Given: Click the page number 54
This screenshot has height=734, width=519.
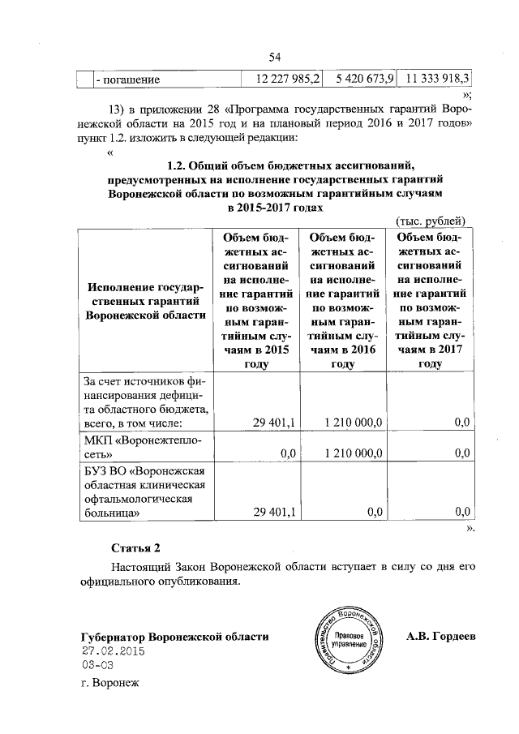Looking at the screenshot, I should coord(274,56).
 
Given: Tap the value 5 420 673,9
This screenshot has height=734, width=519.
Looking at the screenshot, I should coord(362,79).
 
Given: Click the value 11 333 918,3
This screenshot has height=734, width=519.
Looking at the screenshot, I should coord(436,79).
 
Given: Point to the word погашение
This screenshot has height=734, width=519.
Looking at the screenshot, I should coord(128,80).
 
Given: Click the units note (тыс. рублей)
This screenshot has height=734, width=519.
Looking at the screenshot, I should coord(430,220).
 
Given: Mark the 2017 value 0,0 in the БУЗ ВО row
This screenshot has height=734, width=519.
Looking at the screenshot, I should coord(462,511).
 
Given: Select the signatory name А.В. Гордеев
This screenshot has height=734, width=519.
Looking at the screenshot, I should coord(441,637).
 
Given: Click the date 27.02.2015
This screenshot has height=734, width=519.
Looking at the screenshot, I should coord(112,651).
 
